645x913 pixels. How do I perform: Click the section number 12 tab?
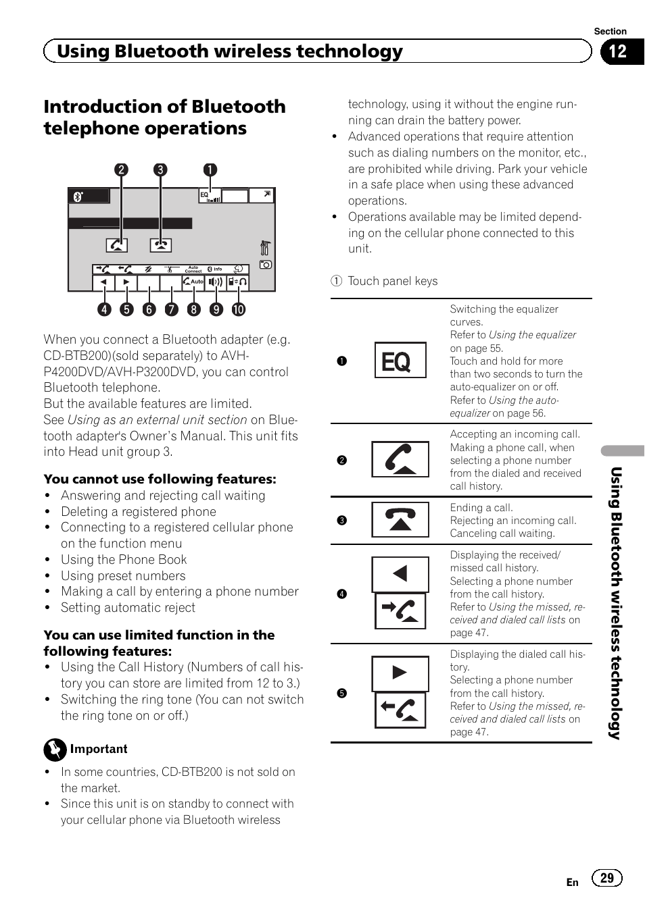click(618, 52)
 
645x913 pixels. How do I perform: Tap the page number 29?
click(606, 878)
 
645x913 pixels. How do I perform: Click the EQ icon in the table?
click(400, 361)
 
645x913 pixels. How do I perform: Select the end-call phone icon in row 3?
click(400, 519)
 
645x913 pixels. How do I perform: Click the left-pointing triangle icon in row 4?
click(400, 574)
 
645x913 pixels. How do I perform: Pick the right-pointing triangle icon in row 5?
click(400, 673)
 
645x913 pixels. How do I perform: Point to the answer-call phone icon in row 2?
click(400, 460)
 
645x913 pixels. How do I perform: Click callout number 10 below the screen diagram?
click(238, 309)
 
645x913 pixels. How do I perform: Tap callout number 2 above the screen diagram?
click(121, 169)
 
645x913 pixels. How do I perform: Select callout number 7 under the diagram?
click(172, 309)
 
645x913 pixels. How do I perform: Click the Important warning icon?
click(55, 750)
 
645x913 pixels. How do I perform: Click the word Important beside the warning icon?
click(99, 749)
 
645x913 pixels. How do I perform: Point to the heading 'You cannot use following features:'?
click(160, 479)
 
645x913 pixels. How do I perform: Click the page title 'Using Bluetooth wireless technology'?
click(229, 51)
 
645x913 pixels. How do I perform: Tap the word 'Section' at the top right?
click(610, 31)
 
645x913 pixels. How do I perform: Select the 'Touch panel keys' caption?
click(392, 281)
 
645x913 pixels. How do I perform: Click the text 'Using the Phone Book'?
click(124, 559)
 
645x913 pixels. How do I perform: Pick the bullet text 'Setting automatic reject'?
click(128, 608)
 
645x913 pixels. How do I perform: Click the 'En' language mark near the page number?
click(572, 882)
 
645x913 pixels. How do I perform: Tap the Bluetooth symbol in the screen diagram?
click(78, 197)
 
